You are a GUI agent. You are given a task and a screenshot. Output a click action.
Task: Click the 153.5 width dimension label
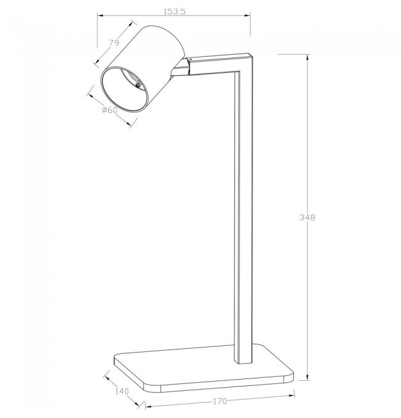[174, 12]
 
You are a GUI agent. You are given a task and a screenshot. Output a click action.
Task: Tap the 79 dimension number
[114, 43]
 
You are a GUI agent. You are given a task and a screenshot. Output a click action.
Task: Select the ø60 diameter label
[110, 109]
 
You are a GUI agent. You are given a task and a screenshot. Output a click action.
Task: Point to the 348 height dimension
[307, 217]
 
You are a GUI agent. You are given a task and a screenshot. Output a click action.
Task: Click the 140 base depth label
[122, 391]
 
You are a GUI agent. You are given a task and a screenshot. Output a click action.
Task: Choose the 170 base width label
[220, 401]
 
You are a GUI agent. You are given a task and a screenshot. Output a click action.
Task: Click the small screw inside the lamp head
[138, 85]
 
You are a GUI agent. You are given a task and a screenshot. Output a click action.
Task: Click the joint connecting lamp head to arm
[180, 69]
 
